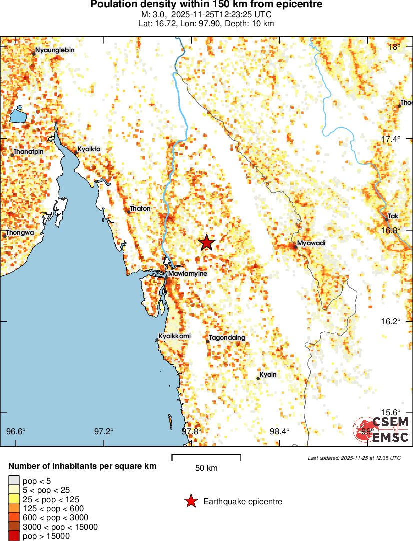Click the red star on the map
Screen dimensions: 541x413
point(206,243)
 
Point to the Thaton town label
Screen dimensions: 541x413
point(140,208)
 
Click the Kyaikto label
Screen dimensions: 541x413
point(89,149)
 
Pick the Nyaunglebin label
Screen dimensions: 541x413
point(55,50)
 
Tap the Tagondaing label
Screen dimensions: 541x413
point(227,338)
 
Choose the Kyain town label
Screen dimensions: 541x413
point(268,375)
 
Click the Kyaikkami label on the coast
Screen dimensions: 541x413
point(174,336)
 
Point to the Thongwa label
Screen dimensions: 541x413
point(20,232)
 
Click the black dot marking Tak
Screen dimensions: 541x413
point(386,219)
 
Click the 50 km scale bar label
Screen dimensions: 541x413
point(206,468)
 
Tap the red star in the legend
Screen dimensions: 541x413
point(190,501)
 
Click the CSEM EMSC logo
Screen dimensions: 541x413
point(382,429)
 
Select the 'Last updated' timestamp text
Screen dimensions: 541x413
point(354,458)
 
